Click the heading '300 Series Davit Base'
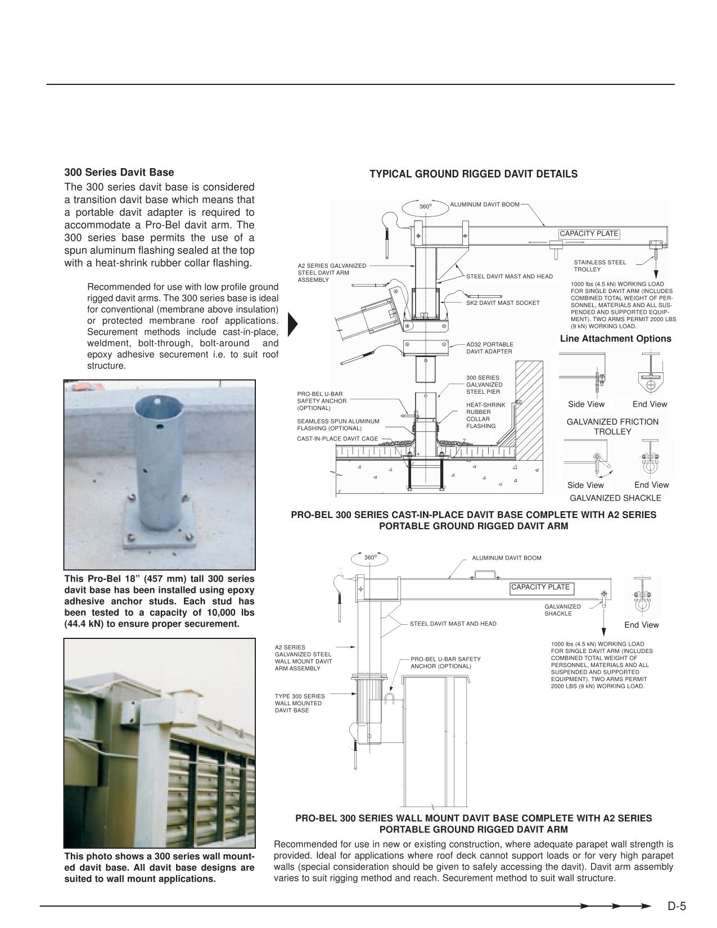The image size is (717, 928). pos(119,173)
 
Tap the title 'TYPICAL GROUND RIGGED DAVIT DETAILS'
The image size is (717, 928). pos(473,174)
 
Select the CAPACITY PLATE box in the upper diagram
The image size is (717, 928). pos(589,234)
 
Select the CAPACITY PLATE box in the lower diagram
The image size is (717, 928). pos(540,588)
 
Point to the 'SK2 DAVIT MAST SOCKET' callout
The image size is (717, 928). pos(502,303)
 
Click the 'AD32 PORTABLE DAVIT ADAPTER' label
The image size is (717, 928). pos(489,348)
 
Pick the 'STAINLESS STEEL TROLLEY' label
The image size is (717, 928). pos(599,266)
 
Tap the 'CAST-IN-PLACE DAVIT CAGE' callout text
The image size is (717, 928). pos(337,439)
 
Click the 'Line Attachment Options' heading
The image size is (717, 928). pos(615,339)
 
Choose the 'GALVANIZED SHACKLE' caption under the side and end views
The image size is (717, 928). pos(615,498)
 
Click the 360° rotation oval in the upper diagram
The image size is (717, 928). pos(426,207)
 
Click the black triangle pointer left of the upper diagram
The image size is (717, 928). pos(292,323)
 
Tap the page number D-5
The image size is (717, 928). pos(677,906)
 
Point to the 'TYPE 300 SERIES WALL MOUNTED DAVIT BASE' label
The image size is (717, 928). pos(300,704)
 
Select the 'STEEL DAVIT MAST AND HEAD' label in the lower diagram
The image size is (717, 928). pos(453,624)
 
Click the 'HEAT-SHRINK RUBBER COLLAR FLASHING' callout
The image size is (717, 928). pos(486,416)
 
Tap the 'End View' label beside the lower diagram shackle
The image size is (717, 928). pos(641,625)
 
